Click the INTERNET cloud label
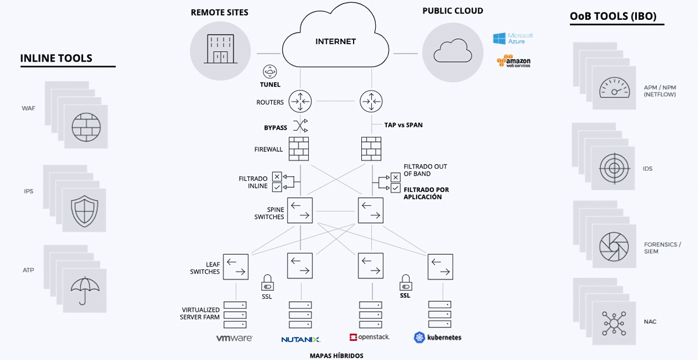(x=335, y=41)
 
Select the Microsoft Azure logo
(x=512, y=38)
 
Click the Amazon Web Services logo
(x=514, y=61)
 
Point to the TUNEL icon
(x=270, y=72)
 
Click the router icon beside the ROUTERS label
(x=301, y=102)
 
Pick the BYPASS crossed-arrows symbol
(x=300, y=126)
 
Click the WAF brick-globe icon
(x=86, y=126)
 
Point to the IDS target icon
(x=614, y=168)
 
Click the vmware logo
(x=234, y=338)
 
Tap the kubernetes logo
(x=437, y=337)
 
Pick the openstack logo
(x=369, y=337)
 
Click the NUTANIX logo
(x=301, y=339)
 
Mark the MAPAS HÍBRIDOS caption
(x=336, y=355)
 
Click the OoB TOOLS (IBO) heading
(x=613, y=16)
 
